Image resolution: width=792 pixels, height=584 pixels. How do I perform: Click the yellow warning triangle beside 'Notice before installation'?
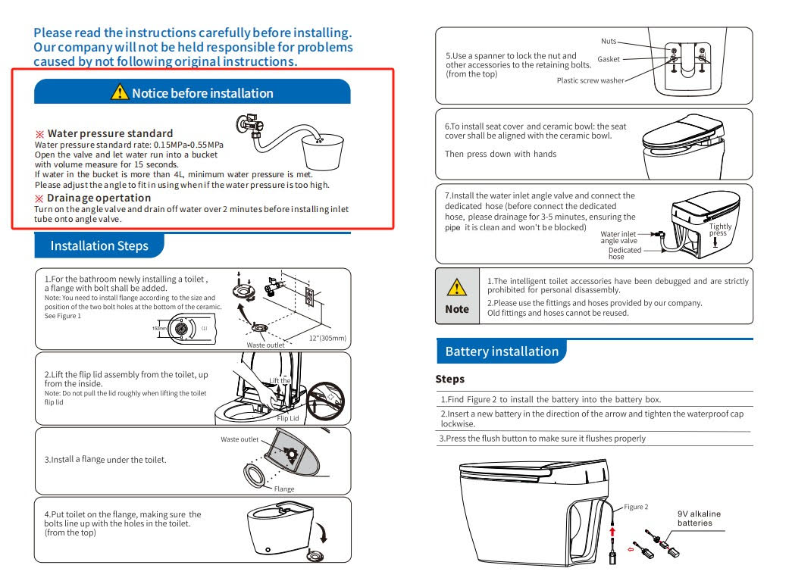pos(120,92)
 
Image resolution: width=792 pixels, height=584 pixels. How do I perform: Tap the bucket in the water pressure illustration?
pos(322,152)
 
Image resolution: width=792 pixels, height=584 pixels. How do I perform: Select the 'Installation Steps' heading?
pos(99,246)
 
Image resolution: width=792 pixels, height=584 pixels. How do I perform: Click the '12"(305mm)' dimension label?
pos(327,338)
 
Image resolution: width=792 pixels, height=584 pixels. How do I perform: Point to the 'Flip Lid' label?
pos(287,418)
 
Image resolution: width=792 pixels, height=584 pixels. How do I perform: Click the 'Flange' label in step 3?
pos(284,489)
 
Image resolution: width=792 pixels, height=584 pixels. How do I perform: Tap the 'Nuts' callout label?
pos(609,41)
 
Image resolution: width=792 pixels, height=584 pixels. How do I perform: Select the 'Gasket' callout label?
pos(608,59)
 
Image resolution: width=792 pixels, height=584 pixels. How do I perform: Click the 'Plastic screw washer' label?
pos(590,80)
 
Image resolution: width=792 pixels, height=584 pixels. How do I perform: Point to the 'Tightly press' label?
pos(720,230)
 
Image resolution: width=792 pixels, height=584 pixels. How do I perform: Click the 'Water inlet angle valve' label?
pos(618,237)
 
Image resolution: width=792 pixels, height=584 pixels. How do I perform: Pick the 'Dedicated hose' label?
pos(625,253)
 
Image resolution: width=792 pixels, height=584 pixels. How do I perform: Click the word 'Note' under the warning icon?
pos(456,309)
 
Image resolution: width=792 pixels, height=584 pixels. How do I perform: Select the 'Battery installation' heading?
pos(502,351)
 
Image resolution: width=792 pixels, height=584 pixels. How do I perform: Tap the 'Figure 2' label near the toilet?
pos(635,506)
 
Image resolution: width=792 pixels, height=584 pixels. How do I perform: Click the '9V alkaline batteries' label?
pos(699,518)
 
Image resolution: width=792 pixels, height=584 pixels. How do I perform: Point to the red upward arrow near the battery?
pos(612,532)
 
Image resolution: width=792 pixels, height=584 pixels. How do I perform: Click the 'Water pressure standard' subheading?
pos(110,133)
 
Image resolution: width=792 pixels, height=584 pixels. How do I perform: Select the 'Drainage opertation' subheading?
pos(99,198)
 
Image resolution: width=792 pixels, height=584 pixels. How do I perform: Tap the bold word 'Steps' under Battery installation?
pos(449,379)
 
